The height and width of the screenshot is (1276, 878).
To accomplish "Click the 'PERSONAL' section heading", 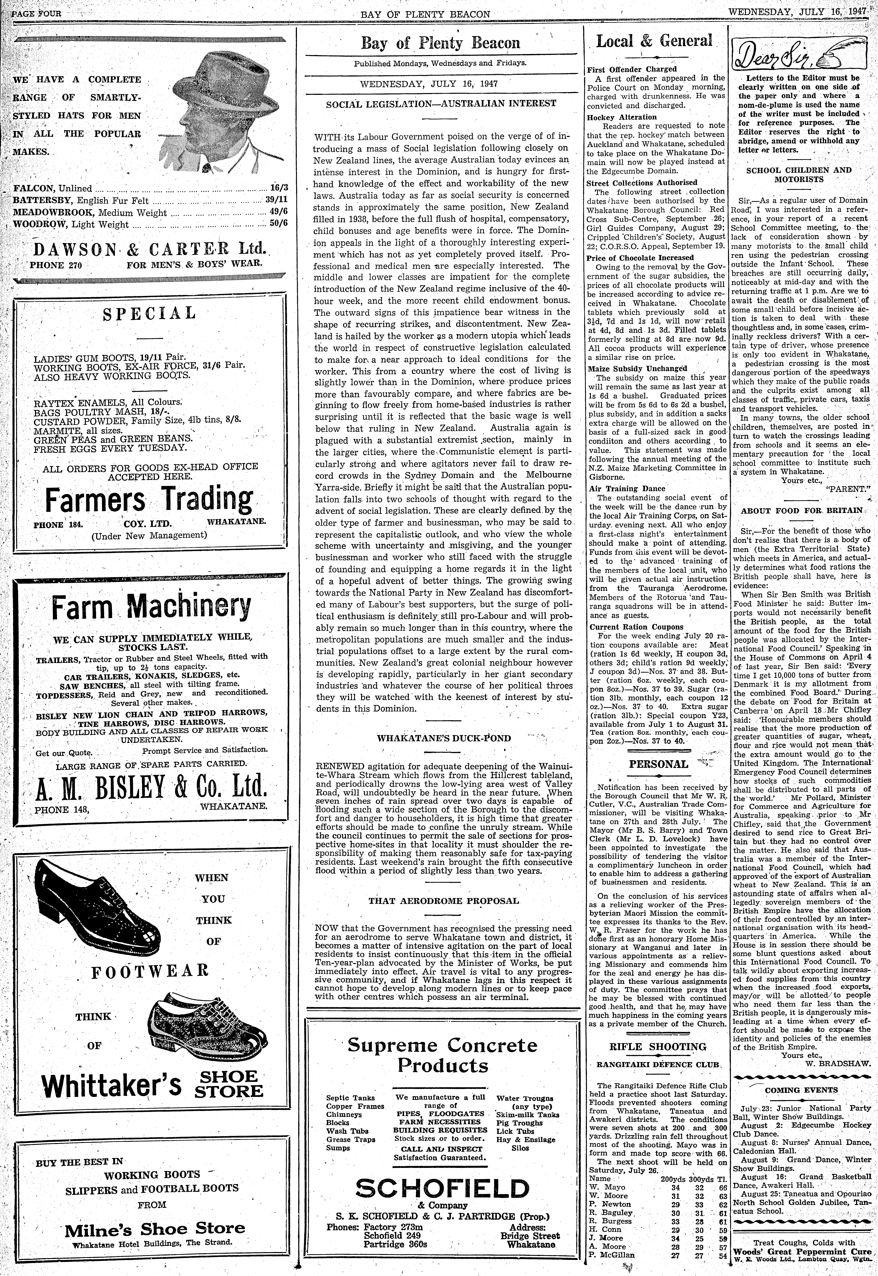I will tap(658, 764).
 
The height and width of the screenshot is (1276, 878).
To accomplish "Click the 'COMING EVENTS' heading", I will tap(801, 1090).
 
